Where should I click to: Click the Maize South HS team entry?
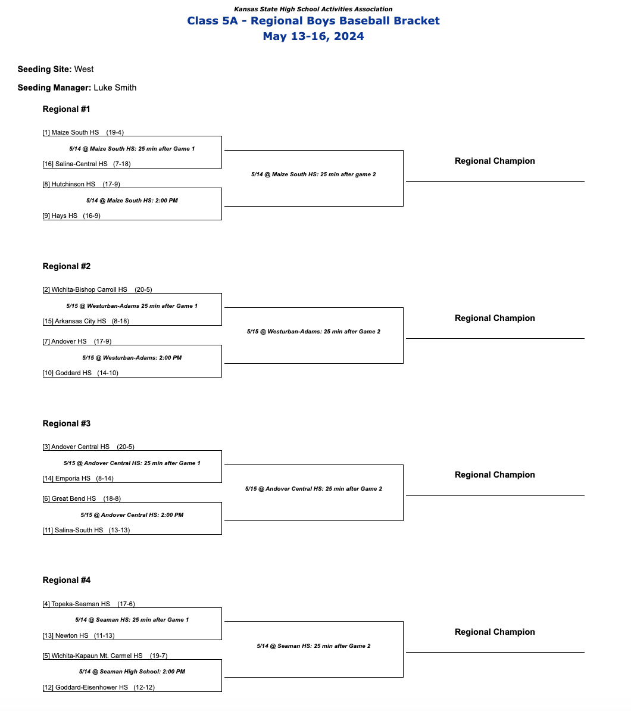coord(75,132)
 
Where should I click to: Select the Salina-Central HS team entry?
coord(81,164)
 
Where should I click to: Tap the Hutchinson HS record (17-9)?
coord(111,184)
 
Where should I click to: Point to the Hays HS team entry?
coord(64,216)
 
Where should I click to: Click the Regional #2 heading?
coord(67,266)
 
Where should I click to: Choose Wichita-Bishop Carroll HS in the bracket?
coord(89,289)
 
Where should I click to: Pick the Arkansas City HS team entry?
coord(80,321)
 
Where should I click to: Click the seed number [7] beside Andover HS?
coord(46,341)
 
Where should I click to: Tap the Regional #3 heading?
coord(67,423)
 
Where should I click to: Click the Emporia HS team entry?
coord(73,478)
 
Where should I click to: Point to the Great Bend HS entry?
coord(73,498)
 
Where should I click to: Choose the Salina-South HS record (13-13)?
coord(119,530)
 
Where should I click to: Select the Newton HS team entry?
coord(71,635)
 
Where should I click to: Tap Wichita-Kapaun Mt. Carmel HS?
coord(96,656)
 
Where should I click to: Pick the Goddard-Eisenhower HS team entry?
coord(91,687)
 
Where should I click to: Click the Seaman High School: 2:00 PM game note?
coord(132,671)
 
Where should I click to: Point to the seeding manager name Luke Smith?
coord(115,88)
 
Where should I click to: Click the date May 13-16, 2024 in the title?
coord(313,36)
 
